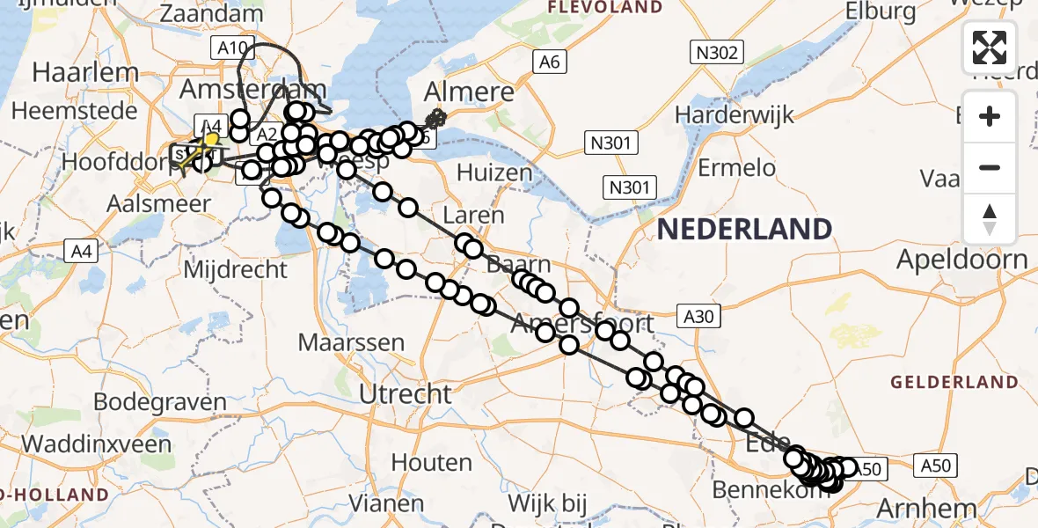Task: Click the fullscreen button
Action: coord(990,48)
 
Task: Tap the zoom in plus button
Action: coord(990,116)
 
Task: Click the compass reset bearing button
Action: coord(990,219)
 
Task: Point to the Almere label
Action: coord(470,92)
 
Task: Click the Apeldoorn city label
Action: coord(961,260)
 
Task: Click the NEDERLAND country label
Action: coord(744,230)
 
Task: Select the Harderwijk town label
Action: coord(734,114)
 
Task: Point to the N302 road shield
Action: coord(716,53)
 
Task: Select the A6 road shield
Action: coord(550,62)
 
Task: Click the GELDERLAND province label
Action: coord(954,382)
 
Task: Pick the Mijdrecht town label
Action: coord(235,268)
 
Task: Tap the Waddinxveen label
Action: coord(97,444)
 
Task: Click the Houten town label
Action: coord(431,462)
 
